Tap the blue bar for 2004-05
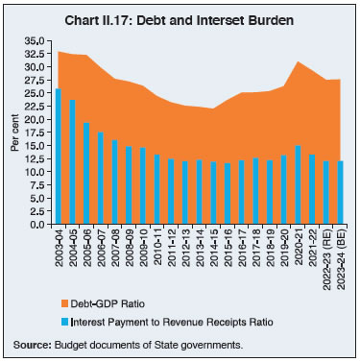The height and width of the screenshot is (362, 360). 73,162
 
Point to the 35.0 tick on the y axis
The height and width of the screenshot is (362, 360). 33,41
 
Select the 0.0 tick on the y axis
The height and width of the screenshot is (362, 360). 36,224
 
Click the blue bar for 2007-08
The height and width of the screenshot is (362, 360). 115,182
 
